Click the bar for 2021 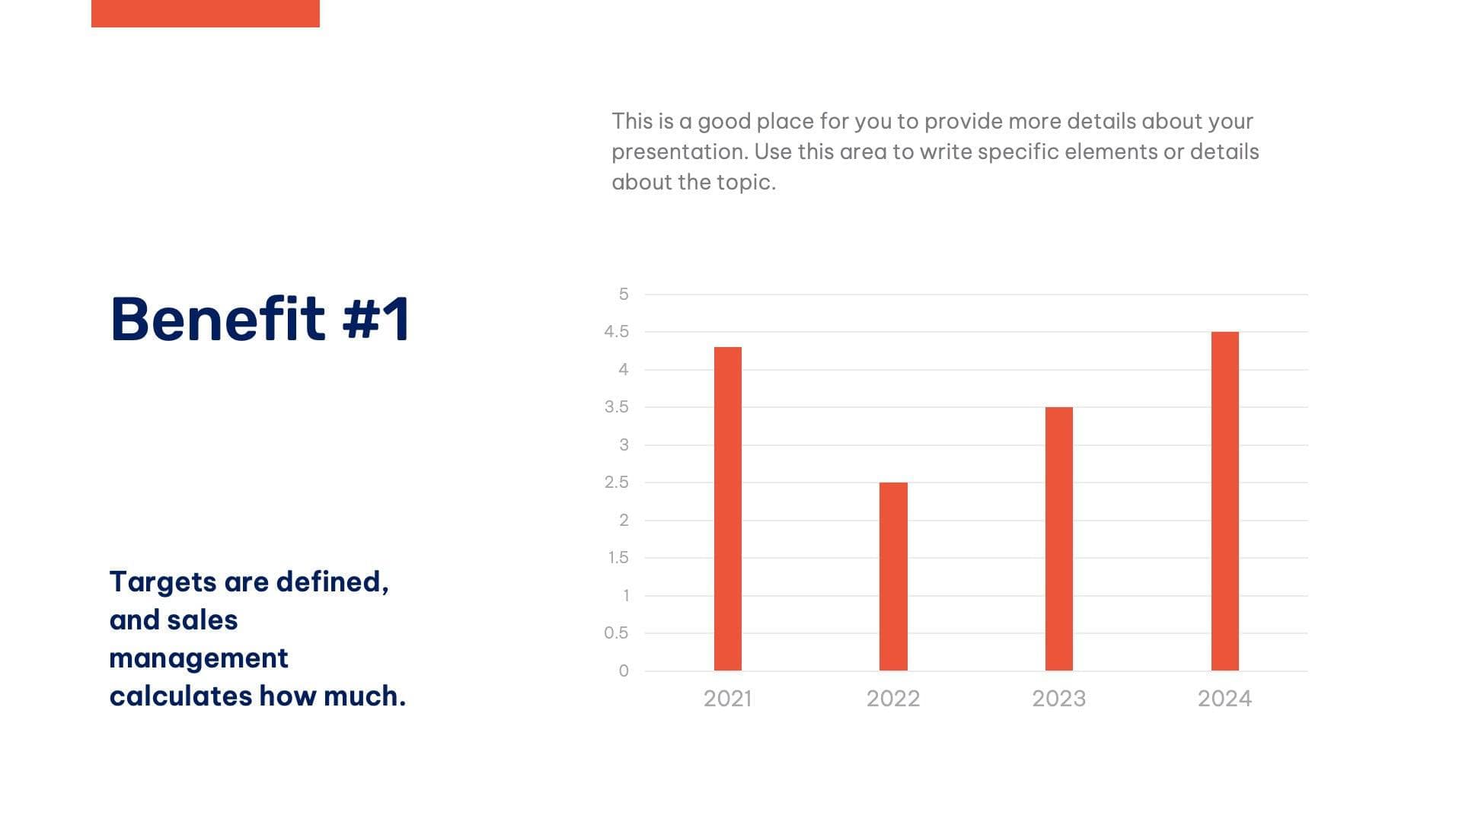click(727, 508)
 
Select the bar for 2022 click(893, 576)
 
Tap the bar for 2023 click(1058, 538)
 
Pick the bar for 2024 click(1224, 501)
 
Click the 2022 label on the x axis click(893, 699)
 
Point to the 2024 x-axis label click(1224, 699)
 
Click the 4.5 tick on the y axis click(616, 332)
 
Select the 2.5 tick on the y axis click(616, 483)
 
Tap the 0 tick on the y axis click(624, 671)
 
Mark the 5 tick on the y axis click(624, 295)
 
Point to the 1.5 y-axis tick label click(618, 558)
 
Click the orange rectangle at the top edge click(205, 13)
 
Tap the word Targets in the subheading click(163, 582)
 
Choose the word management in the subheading click(199, 658)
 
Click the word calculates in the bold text click(180, 696)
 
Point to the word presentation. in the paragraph click(679, 152)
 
